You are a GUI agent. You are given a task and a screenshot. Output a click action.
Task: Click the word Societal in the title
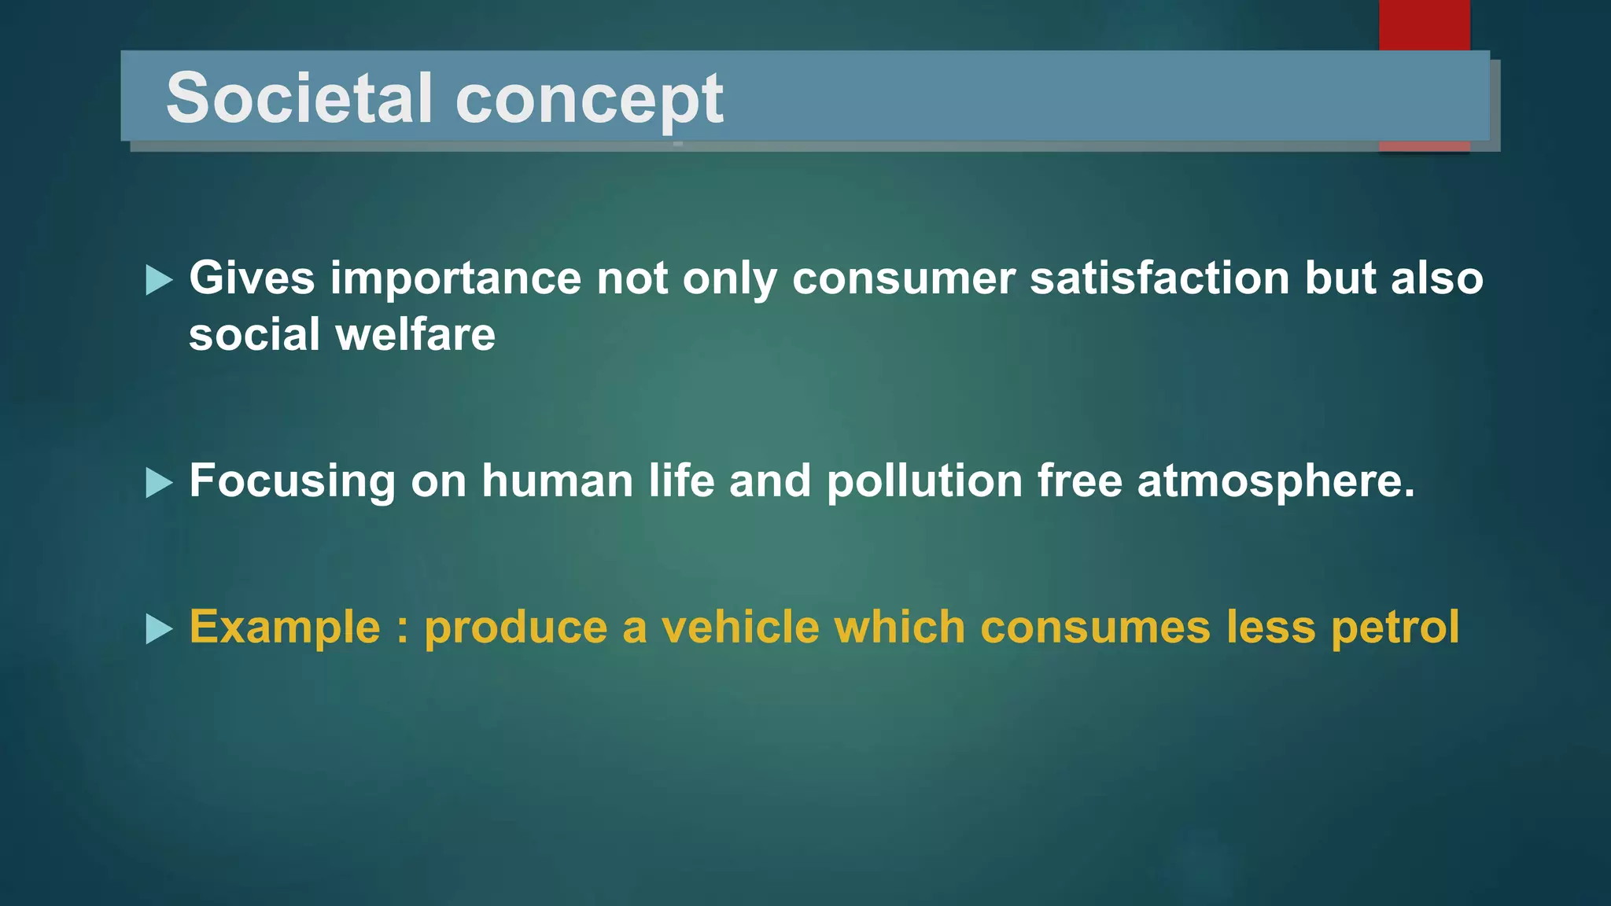(x=300, y=98)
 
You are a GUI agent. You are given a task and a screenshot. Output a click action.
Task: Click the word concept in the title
(x=589, y=101)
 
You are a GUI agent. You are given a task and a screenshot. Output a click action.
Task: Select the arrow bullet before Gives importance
(x=159, y=280)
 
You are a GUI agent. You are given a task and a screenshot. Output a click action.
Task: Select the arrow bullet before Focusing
(x=159, y=483)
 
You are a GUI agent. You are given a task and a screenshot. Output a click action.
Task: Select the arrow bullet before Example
(x=159, y=629)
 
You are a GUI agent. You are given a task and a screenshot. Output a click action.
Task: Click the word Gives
(x=252, y=278)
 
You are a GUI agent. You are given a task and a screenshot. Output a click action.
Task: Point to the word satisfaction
(x=1159, y=278)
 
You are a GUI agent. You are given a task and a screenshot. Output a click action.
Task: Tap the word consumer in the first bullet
(x=904, y=280)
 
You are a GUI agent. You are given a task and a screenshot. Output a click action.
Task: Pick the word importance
(x=455, y=280)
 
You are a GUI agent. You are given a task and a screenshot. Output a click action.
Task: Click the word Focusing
(x=293, y=482)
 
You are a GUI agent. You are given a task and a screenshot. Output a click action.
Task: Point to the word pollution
(x=924, y=481)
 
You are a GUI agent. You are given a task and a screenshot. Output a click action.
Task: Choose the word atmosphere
(x=1275, y=482)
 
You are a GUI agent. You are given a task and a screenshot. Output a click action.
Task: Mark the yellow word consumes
(x=1095, y=628)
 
